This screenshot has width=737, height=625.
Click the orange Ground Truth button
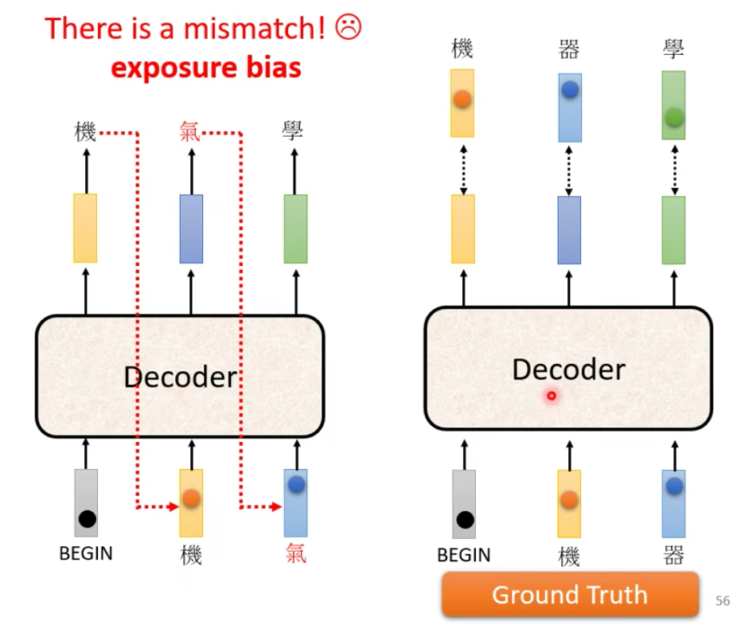coord(570,595)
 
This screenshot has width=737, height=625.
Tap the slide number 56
coord(723,601)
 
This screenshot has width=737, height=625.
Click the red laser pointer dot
coord(551,396)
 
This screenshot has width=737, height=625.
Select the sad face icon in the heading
coord(348,28)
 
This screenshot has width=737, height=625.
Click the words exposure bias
coord(205,68)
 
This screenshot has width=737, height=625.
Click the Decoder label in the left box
coord(181,377)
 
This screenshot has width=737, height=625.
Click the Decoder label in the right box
coord(568,369)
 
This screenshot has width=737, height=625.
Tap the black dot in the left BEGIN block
coord(87,519)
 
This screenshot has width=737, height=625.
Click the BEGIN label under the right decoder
coord(464,555)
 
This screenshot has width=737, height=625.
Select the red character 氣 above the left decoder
coord(191,131)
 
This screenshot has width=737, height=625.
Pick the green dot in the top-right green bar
coord(673,117)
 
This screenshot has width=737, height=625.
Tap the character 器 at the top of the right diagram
coord(569,50)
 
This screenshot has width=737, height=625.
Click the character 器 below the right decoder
coord(673,555)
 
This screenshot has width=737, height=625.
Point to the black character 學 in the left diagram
coord(294,131)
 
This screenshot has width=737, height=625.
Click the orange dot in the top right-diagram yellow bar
coord(462,100)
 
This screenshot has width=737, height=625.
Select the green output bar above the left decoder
coord(295,229)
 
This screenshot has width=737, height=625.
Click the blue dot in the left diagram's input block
coord(296,483)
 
